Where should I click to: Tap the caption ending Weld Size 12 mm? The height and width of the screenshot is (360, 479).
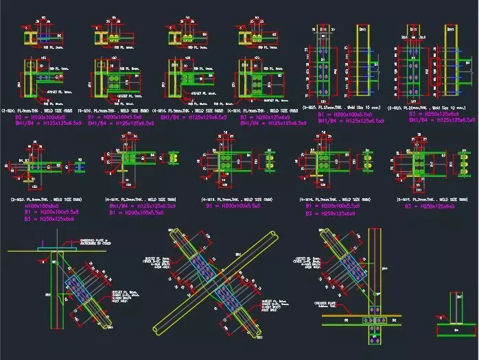pyautogui.click(x=432, y=108)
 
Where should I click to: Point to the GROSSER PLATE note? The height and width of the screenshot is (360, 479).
pyautogui.click(x=339, y=302)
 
